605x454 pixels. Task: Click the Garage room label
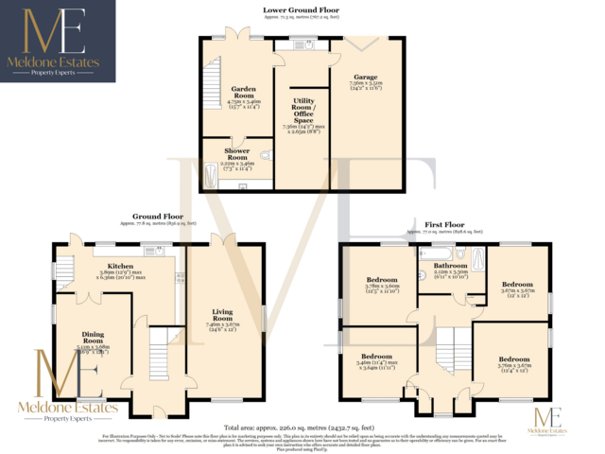pyautogui.click(x=365, y=77)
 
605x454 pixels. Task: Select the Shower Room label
pyautogui.click(x=236, y=151)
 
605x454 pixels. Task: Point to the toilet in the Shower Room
pyautogui.click(x=267, y=158)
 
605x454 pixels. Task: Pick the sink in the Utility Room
pyautogui.click(x=304, y=44)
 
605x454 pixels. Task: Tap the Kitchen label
pyautogui.click(x=120, y=268)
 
